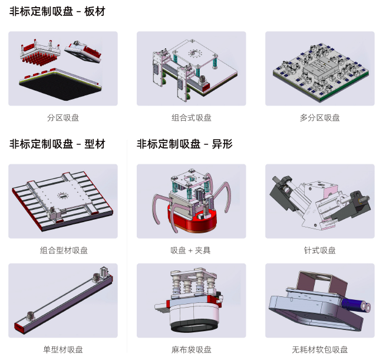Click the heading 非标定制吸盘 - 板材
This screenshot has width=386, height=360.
[x=57, y=11]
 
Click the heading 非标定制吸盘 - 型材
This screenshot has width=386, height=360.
[x=57, y=144]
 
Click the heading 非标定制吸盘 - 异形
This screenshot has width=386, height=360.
[x=184, y=144]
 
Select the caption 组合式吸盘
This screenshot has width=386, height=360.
[x=192, y=118]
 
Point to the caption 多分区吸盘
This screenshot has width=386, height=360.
[x=319, y=118]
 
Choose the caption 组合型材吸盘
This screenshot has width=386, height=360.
[x=64, y=250]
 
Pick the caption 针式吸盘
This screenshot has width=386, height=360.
[x=319, y=250]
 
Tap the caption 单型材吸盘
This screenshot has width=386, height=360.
[x=63, y=350]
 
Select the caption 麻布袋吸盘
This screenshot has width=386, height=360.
[x=192, y=350]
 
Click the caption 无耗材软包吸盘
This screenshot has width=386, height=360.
[x=320, y=350]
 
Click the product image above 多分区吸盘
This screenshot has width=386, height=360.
[x=319, y=68]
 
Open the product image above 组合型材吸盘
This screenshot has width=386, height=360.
[x=63, y=201]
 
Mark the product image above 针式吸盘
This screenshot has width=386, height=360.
[x=319, y=201]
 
